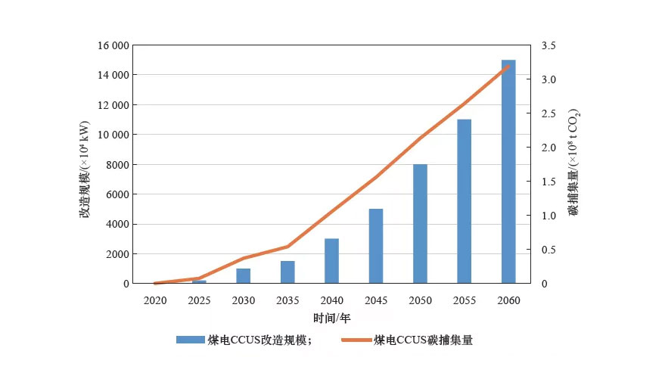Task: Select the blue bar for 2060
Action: coord(508,172)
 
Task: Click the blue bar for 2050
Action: coord(420,224)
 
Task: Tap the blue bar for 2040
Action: coord(331,261)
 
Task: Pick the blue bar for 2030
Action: coord(243,276)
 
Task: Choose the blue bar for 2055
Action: coord(464,201)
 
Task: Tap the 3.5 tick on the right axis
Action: coord(548,45)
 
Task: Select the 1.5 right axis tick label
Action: coord(548,182)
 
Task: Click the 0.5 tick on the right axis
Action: coord(548,250)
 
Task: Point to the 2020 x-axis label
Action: coord(154,300)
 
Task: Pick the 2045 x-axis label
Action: coord(376,300)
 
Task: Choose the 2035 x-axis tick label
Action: coord(287,300)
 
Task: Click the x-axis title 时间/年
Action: coord(332,318)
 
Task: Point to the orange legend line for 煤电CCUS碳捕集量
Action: coord(356,340)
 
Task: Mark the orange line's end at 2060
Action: coord(508,66)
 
